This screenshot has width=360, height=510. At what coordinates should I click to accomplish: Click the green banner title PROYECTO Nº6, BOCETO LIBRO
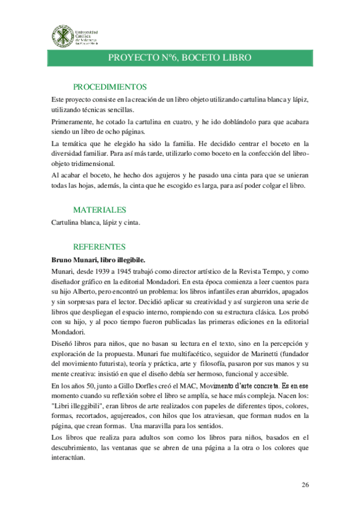179,57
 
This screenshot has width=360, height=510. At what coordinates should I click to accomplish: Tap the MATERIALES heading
99,210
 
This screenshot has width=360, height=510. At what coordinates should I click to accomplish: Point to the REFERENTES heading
99,247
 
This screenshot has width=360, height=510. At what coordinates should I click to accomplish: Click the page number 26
305,485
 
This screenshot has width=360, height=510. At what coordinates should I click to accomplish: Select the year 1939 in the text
117,272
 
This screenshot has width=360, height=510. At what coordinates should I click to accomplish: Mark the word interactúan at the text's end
69,456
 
